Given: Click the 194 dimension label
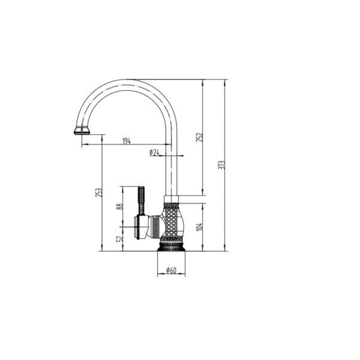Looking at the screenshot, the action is (127, 141).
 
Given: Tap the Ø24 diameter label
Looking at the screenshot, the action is (154, 152).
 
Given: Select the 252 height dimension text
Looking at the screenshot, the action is (200, 137).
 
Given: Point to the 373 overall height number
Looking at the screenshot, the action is (221, 165).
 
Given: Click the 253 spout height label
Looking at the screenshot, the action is (99, 193).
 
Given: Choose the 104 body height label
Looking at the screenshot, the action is (200, 227).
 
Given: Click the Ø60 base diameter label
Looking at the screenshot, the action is (171, 270).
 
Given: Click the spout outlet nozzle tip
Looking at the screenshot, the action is (82, 130).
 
